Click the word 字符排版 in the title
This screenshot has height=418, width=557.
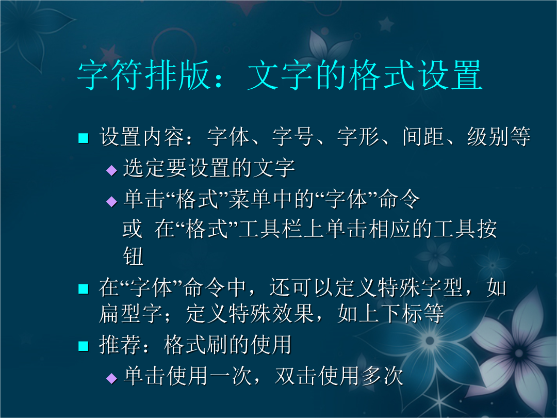pos(143,75)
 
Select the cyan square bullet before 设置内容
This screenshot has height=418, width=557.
pos(83,138)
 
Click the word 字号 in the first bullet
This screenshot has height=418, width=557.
pos(293,136)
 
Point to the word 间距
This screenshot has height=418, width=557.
pos(423,136)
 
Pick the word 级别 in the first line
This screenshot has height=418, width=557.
pos(488,136)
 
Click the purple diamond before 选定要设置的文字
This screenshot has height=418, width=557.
pos(112,170)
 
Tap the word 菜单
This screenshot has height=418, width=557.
pos(250,199)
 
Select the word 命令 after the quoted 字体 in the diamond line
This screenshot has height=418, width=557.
pos(399,199)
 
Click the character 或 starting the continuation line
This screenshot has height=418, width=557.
pos(133,229)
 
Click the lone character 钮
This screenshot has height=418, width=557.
pos(133,256)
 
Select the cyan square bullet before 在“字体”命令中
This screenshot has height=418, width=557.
pos(83,288)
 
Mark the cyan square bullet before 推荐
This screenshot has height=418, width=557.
pos(83,346)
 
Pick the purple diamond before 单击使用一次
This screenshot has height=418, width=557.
pos(112,378)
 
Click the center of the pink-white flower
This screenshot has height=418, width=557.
pos(518,353)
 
